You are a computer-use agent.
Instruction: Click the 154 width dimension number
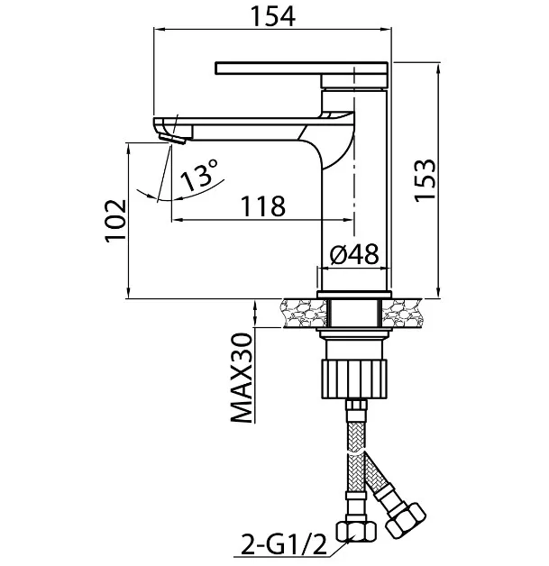tap(272, 16)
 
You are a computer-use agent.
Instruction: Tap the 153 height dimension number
tap(425, 180)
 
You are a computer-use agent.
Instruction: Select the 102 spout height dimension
tap(115, 221)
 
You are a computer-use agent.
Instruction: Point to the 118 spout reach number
tap(263, 206)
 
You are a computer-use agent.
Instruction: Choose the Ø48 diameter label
tap(354, 253)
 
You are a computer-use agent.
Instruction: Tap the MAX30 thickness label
tap(241, 378)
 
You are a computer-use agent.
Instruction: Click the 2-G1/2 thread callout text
tap(283, 544)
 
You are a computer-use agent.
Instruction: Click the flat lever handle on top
tap(301, 68)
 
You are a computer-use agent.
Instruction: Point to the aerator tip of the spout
tap(172, 138)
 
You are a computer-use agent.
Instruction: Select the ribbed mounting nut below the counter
tap(353, 379)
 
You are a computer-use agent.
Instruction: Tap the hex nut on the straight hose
tap(356, 532)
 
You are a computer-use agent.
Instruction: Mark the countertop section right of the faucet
tap(402, 313)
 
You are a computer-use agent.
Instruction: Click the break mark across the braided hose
tap(356, 452)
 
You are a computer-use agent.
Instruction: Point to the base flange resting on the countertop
tap(353, 294)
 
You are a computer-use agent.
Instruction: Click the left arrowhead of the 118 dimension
tap(177, 219)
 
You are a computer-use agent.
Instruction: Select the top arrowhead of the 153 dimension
tap(438, 68)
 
